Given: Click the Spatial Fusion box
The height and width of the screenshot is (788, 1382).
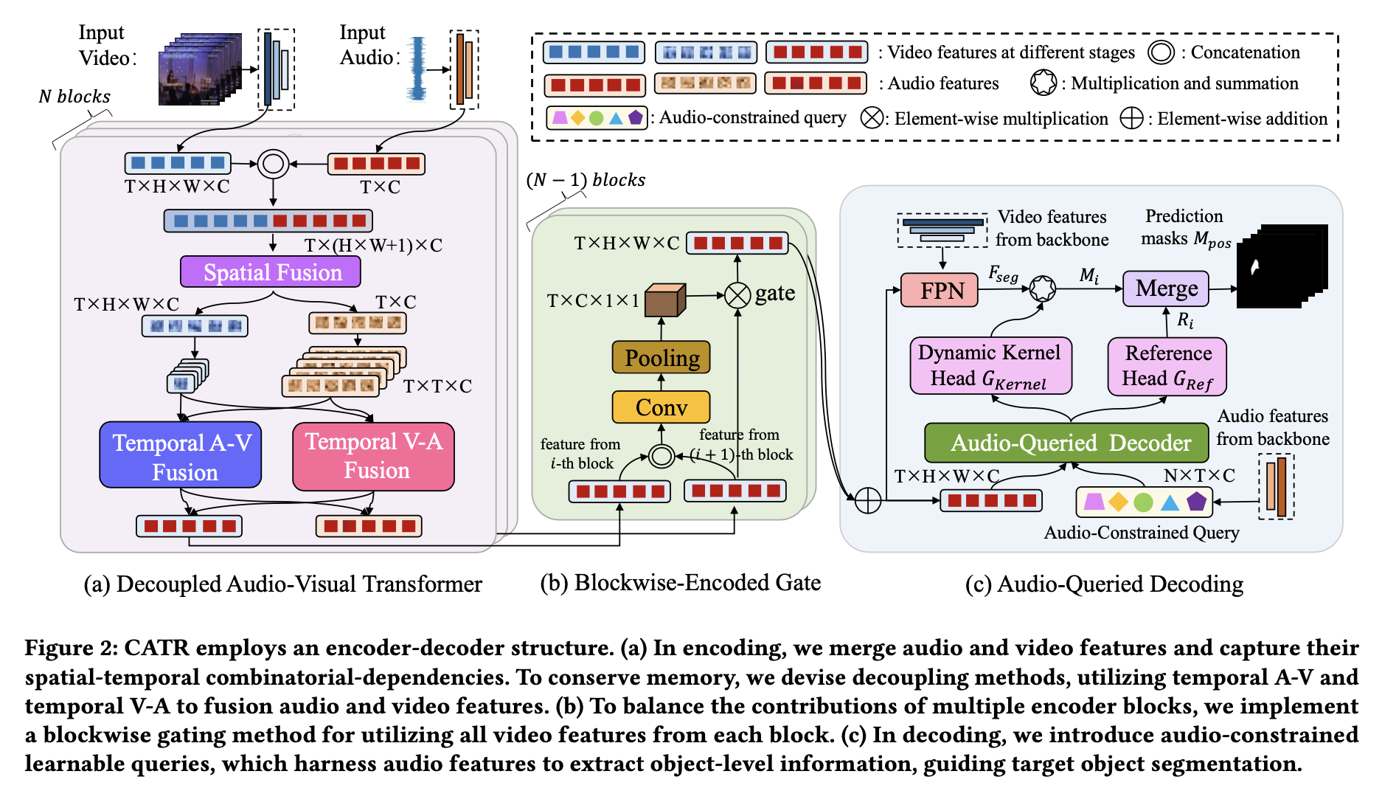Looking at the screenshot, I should (271, 272).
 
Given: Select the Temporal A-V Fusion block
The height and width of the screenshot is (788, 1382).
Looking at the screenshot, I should (181, 455).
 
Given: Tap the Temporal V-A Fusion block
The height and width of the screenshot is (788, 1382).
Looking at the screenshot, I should (373, 455).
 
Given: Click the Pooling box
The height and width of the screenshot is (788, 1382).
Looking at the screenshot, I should (661, 358).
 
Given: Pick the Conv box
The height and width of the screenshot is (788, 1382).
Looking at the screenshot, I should (661, 407).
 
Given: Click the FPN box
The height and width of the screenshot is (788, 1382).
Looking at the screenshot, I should (940, 290).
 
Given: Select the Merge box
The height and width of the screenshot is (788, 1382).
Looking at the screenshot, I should (1165, 288).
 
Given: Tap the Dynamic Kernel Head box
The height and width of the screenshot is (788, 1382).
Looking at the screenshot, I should (990, 366).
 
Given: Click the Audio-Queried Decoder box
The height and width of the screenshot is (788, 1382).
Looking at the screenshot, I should (1066, 443).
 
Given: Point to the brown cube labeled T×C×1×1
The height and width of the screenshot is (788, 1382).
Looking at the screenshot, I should (664, 300).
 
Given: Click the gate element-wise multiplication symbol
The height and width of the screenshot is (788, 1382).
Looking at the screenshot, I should (737, 295).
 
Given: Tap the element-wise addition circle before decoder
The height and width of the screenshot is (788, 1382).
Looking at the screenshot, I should (868, 501).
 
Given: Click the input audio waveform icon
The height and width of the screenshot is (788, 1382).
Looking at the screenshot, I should (418, 69).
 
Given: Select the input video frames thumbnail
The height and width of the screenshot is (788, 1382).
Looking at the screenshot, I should (200, 69).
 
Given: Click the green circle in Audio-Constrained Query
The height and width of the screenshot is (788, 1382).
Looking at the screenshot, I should (1143, 502).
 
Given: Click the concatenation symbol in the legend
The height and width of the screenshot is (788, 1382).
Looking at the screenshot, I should (1161, 52).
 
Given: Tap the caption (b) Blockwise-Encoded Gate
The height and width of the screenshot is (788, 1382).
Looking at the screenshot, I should (680, 583).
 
